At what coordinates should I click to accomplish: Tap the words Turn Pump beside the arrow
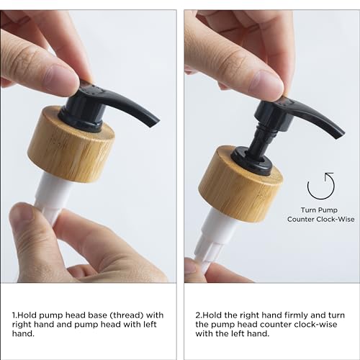point(319,210)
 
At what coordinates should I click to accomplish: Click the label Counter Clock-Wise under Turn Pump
point(320,220)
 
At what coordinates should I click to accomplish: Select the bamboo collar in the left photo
point(71,144)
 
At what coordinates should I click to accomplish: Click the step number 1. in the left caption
point(15,315)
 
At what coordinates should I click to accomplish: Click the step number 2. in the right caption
point(199,315)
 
